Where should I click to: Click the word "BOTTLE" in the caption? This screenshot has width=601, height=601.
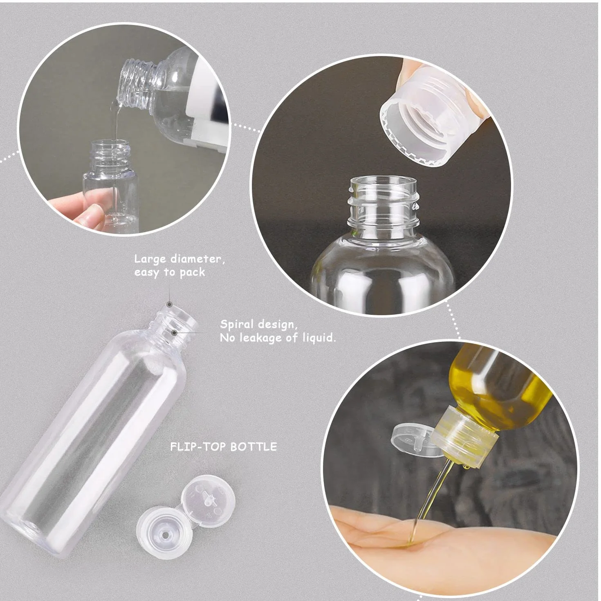253,446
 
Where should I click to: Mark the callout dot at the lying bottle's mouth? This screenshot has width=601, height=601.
169,304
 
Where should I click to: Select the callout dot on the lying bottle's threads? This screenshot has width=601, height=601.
175,333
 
